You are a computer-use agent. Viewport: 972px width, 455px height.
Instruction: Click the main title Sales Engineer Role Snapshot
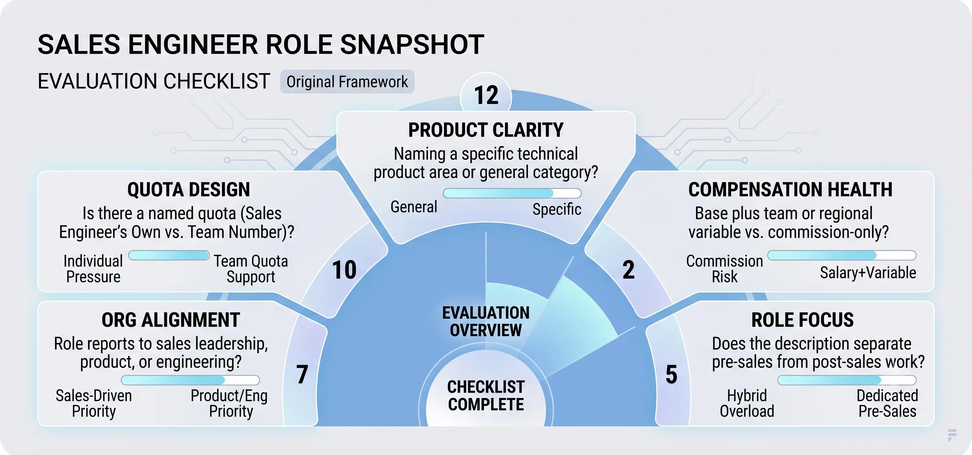click(x=261, y=45)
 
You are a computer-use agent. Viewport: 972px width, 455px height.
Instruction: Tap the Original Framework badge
click(x=347, y=81)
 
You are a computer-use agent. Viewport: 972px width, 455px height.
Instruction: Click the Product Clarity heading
click(x=486, y=130)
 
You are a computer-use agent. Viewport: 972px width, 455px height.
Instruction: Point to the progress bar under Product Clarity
click(x=512, y=193)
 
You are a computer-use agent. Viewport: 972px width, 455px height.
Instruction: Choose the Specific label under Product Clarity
click(x=557, y=209)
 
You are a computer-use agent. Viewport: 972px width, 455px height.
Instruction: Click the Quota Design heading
click(x=189, y=189)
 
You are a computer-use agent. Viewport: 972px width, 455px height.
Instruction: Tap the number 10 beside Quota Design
click(x=344, y=270)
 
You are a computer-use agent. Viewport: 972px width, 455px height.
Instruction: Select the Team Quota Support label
click(x=251, y=269)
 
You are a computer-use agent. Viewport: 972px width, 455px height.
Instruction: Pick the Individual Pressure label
click(x=93, y=269)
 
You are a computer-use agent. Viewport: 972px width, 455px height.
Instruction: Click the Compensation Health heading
click(x=790, y=189)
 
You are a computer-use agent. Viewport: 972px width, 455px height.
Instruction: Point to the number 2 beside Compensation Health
click(x=629, y=270)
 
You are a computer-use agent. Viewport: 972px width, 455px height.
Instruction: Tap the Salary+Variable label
click(x=868, y=272)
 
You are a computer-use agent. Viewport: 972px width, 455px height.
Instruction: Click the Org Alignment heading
click(x=171, y=320)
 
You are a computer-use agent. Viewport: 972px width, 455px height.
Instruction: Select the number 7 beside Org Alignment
click(x=302, y=374)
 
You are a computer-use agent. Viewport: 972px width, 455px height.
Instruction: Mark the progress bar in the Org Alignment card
click(x=190, y=380)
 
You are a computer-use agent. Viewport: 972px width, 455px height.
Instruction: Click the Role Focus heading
click(x=803, y=320)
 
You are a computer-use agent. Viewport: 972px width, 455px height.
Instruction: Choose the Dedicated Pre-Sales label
click(x=887, y=403)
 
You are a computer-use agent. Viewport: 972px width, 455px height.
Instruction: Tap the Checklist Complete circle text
click(x=486, y=396)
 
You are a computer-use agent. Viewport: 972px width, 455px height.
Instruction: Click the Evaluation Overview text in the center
click(x=486, y=322)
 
